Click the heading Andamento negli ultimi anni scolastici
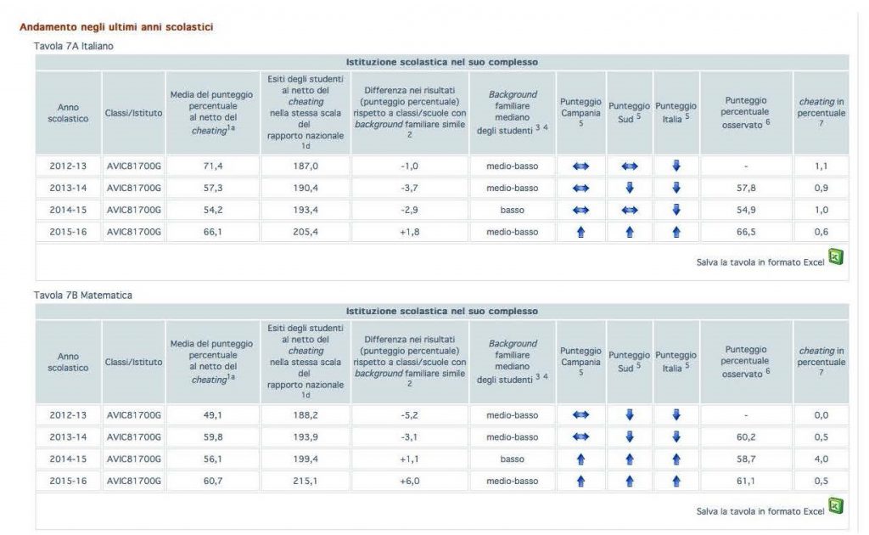pos(116,27)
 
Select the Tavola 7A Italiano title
pos(73,46)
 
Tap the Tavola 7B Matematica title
pos(83,295)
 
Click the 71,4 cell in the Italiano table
pos(211,166)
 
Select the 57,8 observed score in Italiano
pos(744,189)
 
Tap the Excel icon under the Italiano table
pos(835,256)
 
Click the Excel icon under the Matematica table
pos(835,506)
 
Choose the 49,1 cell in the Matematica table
pos(211,415)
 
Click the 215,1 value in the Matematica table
pos(306,481)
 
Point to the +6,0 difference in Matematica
pos(409,481)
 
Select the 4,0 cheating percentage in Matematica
pos(821,459)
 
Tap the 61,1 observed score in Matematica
pos(744,481)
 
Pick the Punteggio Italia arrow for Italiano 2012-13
pos(676,166)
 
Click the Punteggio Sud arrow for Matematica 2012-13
pos(629,415)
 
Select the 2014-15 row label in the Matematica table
pos(67,459)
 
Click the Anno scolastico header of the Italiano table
pos(68,113)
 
